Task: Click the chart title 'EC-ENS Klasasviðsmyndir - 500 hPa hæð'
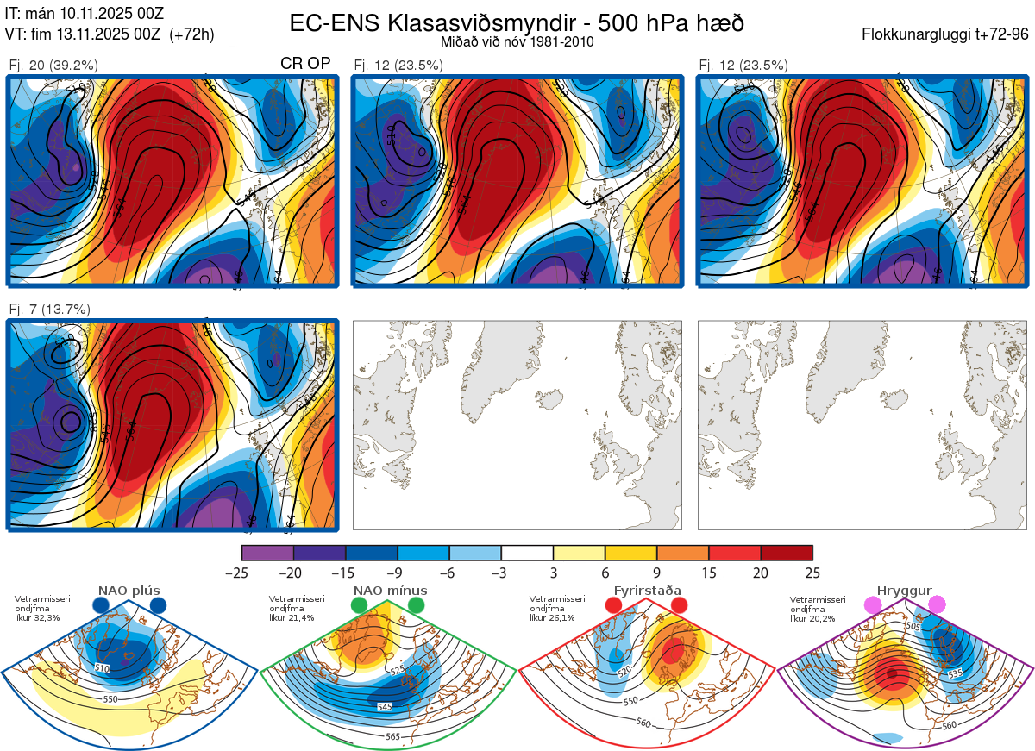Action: click(517, 22)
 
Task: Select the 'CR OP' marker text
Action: click(305, 64)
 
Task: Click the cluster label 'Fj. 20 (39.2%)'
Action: click(53, 65)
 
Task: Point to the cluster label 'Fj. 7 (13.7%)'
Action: click(50, 309)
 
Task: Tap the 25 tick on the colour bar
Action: click(812, 573)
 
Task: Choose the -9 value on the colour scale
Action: click(398, 573)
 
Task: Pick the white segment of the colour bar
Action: click(527, 553)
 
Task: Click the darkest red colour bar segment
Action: click(787, 553)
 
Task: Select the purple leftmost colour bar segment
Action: click(267, 553)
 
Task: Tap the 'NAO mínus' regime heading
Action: click(390, 591)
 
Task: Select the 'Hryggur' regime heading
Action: click(899, 591)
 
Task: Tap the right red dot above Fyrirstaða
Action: click(679, 605)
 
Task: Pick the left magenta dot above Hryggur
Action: click(874, 605)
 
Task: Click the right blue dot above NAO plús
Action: click(158, 605)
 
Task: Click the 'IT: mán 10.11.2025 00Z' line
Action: click(84, 13)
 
